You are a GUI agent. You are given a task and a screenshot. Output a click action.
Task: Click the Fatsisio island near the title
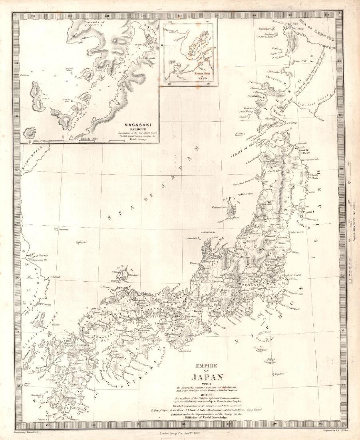point(270,360)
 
